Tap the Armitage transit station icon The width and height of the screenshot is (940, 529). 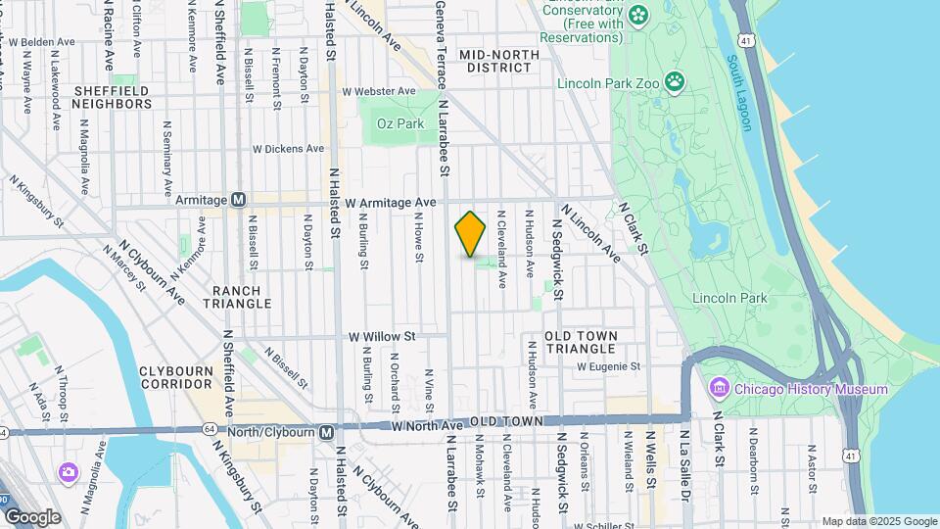click(x=238, y=199)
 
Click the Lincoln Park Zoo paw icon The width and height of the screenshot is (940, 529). click(x=675, y=81)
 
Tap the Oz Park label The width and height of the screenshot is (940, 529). click(x=403, y=124)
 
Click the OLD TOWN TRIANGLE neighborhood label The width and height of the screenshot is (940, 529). click(x=582, y=342)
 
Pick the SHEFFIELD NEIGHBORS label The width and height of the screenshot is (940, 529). click(x=112, y=97)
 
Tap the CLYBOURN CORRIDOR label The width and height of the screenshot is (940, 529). click(x=176, y=378)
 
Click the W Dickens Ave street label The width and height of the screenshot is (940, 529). click(x=288, y=149)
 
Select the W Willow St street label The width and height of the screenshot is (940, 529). click(x=383, y=336)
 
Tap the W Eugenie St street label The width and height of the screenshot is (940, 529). click(x=608, y=366)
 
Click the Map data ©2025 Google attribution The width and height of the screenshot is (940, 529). click(x=878, y=521)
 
